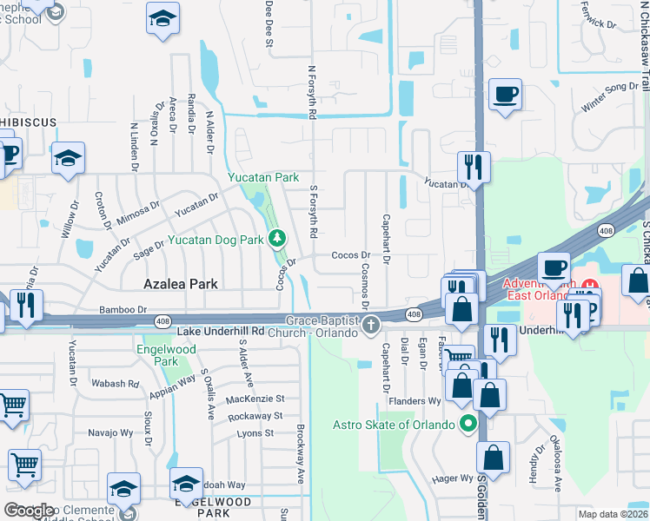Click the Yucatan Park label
coord(263,177)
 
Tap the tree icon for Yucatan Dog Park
coord(277,237)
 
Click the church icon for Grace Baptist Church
coord(371,326)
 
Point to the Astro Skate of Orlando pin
coord(469,425)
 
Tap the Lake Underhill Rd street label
coord(220,332)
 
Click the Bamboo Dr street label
coord(123,309)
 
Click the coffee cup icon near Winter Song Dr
coord(504,94)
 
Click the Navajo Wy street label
coord(109,432)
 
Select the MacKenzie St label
coord(255,399)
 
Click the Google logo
coord(29,511)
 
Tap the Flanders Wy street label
coord(417,400)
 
